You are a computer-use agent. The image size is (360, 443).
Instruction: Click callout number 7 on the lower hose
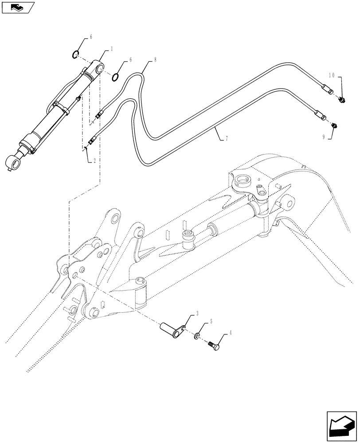coord(227,139)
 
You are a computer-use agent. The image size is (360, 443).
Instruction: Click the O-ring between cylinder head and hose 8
coord(116,77)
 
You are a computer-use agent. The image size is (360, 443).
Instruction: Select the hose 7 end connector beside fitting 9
coord(320,116)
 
